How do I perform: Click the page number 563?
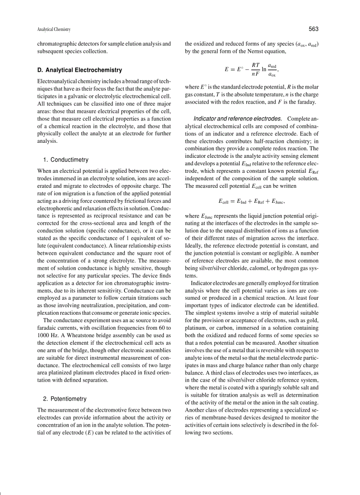pyautogui.click(x=313, y=29)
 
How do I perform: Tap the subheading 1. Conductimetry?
pyautogui.click(x=66, y=160)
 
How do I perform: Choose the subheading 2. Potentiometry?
pyautogui.click(x=65, y=399)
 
